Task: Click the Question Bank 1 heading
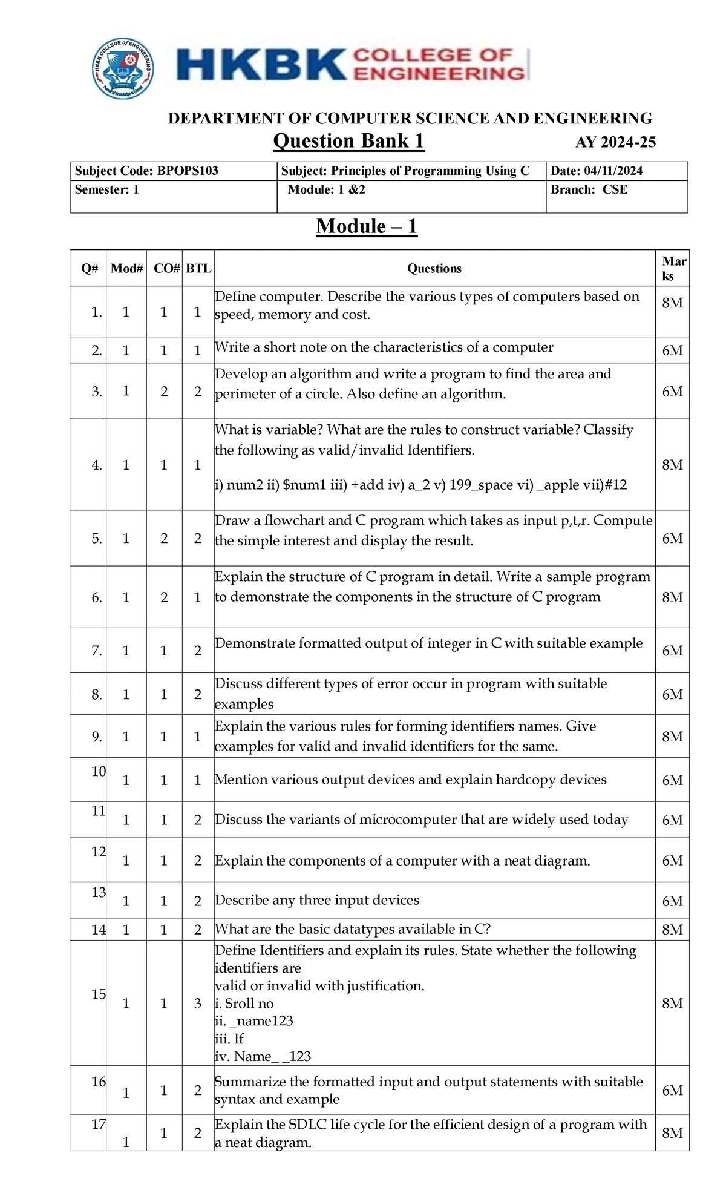tap(348, 141)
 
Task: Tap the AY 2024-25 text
tap(615, 143)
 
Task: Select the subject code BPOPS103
tap(188, 171)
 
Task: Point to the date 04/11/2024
tap(613, 171)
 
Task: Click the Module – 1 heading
tap(367, 226)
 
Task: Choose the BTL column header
tap(198, 269)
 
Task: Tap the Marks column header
tap(673, 269)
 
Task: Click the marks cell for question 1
tap(672, 303)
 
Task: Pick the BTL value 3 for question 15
tap(198, 1004)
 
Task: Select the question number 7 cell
tap(96, 651)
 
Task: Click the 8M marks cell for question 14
tap(672, 930)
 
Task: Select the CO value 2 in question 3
tap(164, 392)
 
